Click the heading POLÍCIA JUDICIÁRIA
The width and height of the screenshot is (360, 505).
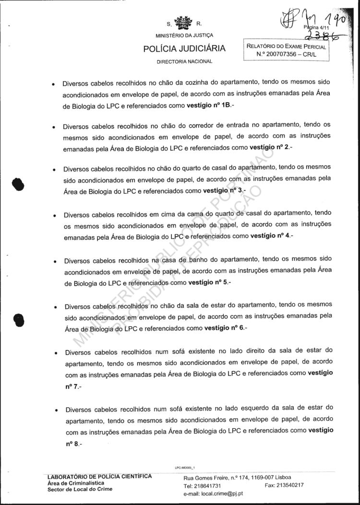pyautogui.click(x=184, y=49)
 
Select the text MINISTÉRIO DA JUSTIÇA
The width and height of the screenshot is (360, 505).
pyautogui.click(x=184, y=35)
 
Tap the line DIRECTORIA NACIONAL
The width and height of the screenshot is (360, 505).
pyautogui.click(x=184, y=62)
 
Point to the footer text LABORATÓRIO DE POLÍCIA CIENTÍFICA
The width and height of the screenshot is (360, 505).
pyautogui.click(x=100, y=476)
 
